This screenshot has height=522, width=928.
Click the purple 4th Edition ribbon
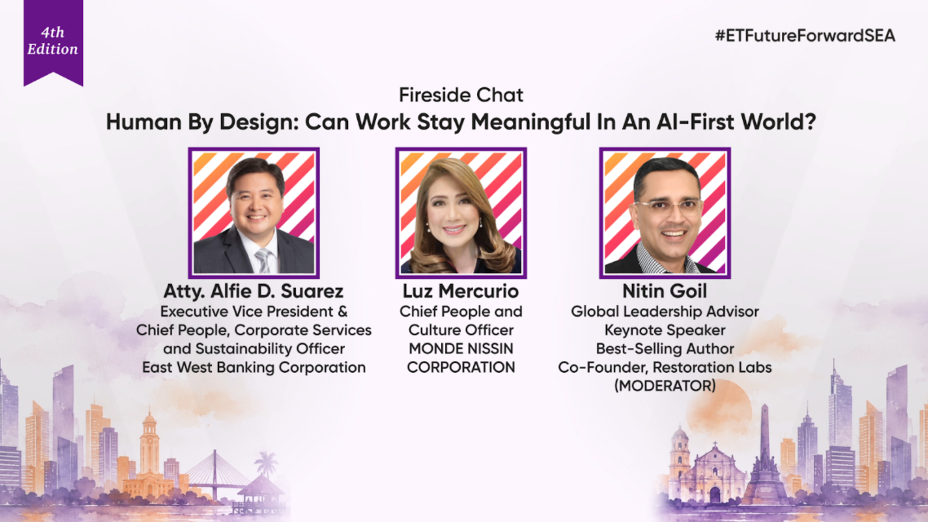coord(53,41)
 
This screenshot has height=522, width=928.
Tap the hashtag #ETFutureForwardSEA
coord(805,35)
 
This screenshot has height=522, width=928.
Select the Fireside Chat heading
coord(461,95)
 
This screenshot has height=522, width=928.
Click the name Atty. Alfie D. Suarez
coord(253,291)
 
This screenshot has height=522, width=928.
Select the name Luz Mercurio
coord(461,291)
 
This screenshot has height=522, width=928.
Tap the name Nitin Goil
coord(665,291)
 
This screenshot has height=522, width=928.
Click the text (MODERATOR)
coord(665,386)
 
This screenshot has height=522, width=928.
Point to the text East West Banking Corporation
coord(254,368)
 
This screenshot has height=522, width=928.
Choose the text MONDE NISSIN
coord(461,349)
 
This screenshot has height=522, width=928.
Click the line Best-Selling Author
coord(665,349)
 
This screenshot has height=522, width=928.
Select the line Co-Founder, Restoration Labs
coord(665,368)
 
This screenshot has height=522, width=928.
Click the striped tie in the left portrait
coord(263,260)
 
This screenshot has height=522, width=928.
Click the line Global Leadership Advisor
coord(665,311)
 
